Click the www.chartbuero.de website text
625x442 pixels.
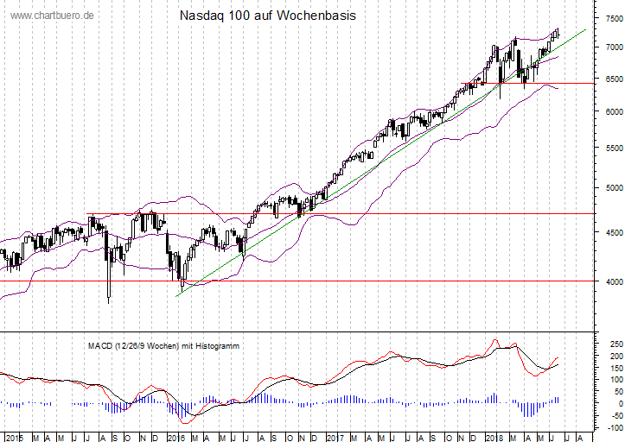tap(52, 16)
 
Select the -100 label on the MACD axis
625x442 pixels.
tap(612, 427)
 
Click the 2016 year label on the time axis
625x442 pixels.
tap(175, 436)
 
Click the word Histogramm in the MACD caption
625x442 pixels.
tap(216, 345)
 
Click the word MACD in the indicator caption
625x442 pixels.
tap(99, 345)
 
